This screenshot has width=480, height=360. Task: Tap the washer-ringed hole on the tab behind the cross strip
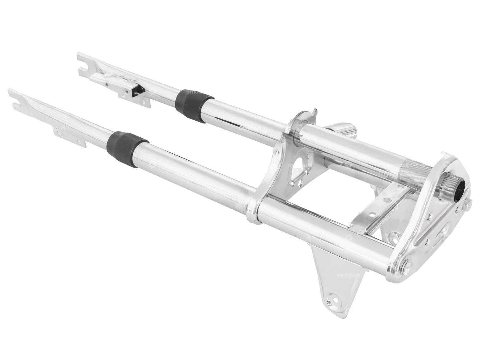click(x=398, y=234)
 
